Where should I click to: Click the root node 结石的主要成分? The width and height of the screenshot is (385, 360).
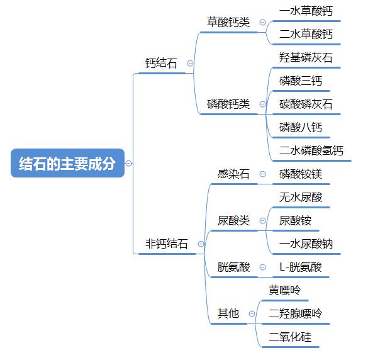(68, 163)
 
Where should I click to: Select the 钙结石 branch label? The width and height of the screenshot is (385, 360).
(161, 64)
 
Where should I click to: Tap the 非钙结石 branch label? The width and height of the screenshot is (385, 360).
(167, 244)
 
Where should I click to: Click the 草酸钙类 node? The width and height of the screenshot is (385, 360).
(228, 22)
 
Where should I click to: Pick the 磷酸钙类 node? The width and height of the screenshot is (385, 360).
(228, 104)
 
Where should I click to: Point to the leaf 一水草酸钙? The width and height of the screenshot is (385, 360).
(306, 11)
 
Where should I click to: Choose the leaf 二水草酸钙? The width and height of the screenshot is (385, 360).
(306, 34)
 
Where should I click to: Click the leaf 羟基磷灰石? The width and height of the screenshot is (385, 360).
(306, 58)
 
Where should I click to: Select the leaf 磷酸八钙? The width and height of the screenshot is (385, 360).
(301, 128)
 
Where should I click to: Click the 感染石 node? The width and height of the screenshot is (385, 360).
(233, 174)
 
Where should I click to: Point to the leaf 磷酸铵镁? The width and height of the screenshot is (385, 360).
(301, 174)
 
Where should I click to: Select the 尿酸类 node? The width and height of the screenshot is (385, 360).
(233, 220)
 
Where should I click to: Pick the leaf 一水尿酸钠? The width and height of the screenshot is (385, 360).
(306, 244)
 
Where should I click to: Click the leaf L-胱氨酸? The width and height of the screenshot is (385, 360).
(301, 267)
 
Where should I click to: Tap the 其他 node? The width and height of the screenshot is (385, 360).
(228, 313)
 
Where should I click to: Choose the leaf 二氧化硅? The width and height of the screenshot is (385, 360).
(290, 337)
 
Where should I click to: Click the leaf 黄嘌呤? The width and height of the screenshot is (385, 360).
(285, 290)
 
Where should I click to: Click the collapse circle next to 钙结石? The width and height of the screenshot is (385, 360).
(191, 64)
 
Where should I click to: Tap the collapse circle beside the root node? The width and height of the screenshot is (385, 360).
(129, 163)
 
